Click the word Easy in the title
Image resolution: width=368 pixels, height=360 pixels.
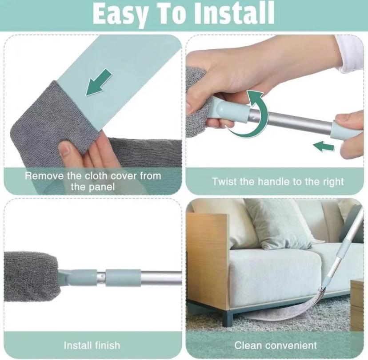click(120, 13)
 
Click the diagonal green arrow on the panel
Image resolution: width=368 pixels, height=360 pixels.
click(99, 82)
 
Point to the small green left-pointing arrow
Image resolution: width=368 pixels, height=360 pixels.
click(324, 146)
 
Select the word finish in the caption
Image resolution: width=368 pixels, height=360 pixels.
click(108, 345)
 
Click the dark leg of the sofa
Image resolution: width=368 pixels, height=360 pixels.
click(228, 317)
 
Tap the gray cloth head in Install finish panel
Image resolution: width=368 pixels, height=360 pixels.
click(31, 277)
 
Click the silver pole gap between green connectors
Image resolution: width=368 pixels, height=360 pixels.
click(101, 278)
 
